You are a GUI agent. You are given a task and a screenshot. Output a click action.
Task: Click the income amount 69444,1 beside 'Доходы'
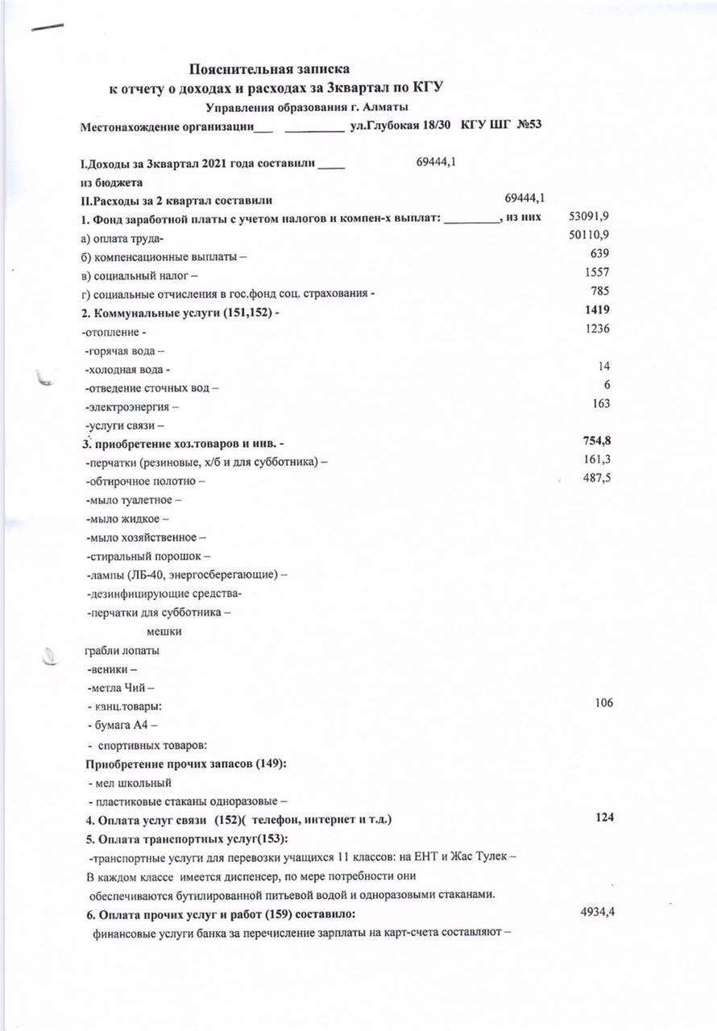437,162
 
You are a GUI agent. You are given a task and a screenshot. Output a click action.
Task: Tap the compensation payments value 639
599,255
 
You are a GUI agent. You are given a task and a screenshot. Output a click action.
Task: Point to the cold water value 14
603,366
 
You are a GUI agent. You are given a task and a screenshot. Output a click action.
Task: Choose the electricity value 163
599,404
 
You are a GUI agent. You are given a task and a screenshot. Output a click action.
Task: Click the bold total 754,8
596,441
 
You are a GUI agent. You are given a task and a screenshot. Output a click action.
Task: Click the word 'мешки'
164,631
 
